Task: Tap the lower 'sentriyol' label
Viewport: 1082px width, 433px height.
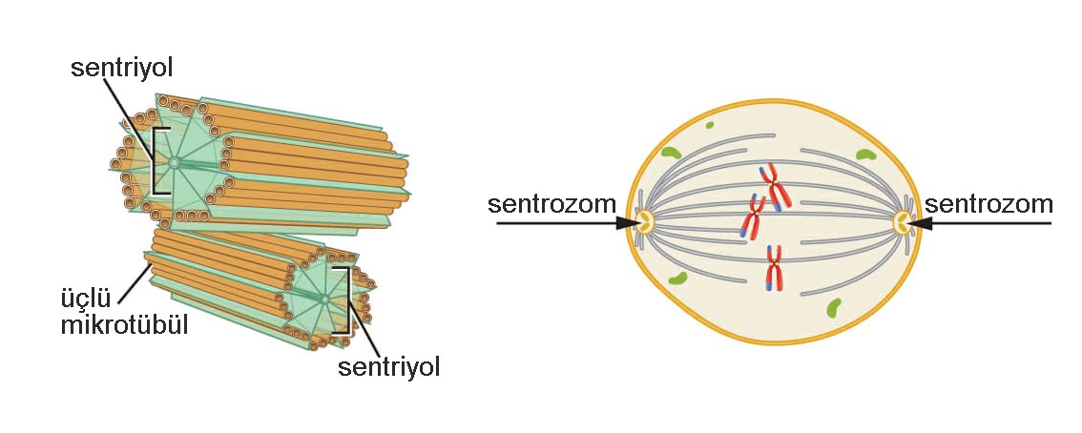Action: (388, 367)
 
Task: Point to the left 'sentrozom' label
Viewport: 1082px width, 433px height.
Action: (551, 204)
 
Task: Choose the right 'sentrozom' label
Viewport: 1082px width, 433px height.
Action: (988, 204)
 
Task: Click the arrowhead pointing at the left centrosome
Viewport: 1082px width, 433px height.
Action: (627, 222)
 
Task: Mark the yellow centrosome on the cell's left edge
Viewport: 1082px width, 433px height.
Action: (646, 222)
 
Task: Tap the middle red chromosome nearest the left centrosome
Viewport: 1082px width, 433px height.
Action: (752, 218)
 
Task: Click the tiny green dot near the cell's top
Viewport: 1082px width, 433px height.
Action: (710, 125)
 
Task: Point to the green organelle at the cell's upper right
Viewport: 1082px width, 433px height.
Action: (865, 154)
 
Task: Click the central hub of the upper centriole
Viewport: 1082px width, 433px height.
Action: (174, 163)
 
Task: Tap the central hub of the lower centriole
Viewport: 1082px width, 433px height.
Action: (325, 300)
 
